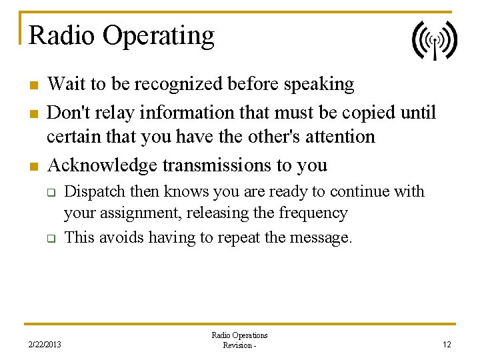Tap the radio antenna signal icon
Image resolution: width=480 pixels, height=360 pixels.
click(434, 40)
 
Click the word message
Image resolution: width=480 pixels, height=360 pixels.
click(323, 237)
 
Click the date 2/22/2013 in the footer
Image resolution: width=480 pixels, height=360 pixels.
click(44, 345)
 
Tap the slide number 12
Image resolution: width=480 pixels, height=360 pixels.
click(447, 345)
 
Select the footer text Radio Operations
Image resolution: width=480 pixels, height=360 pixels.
click(239, 335)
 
